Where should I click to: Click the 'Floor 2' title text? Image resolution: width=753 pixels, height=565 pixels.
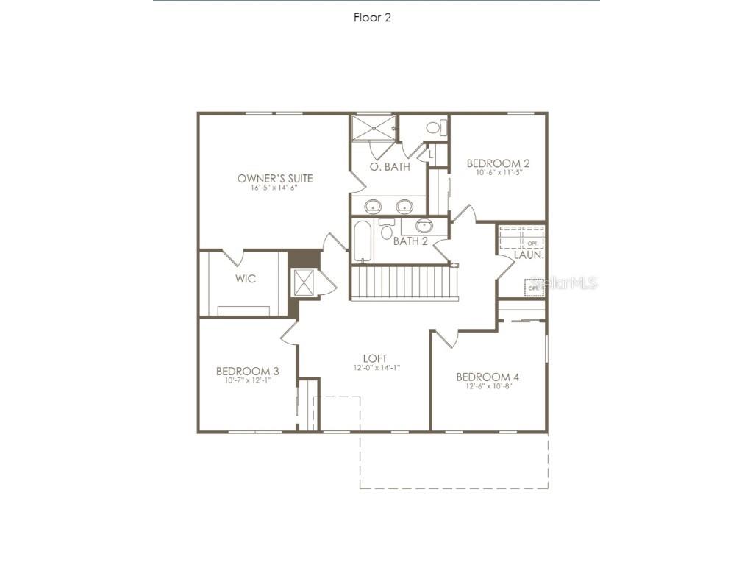[x=372, y=18]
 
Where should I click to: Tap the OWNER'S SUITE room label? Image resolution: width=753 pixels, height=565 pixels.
[x=275, y=178]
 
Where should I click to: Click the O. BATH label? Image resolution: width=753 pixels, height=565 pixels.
[x=390, y=167]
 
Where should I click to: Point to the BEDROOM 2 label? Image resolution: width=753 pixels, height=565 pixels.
[x=498, y=163]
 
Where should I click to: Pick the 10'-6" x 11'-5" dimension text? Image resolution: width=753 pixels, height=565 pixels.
[x=498, y=173]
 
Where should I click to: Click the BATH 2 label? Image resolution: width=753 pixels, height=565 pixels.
[x=410, y=241]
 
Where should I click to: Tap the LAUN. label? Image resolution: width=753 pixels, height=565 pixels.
[x=529, y=255]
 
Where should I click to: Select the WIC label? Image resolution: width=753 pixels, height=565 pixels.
[x=246, y=279]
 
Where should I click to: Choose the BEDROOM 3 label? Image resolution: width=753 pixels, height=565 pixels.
[x=247, y=372]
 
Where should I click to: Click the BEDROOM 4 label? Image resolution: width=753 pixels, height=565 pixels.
[x=488, y=377]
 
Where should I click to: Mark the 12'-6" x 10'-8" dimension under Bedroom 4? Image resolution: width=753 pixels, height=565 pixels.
[x=488, y=386]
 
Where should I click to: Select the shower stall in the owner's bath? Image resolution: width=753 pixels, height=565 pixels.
[x=373, y=127]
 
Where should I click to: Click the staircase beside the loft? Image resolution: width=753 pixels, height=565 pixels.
[x=404, y=282]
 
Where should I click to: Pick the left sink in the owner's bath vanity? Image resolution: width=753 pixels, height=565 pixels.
[x=374, y=205]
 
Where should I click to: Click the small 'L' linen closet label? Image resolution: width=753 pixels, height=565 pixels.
[x=432, y=154]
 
